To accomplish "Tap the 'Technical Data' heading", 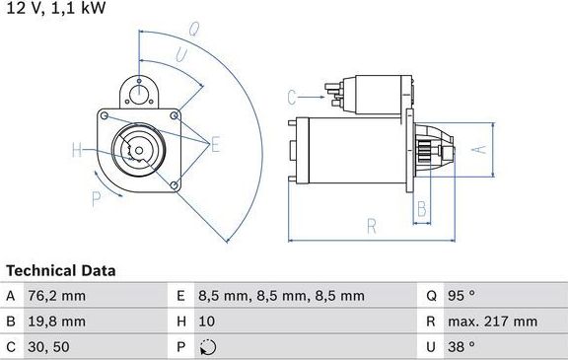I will (x=61, y=270).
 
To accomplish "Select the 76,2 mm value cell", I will (x=58, y=296).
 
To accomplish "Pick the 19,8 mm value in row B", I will (x=58, y=322).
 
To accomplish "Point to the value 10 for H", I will (x=207, y=322).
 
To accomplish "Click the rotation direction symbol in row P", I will (x=206, y=347).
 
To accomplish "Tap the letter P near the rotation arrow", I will (x=97, y=198).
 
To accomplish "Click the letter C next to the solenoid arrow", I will (x=292, y=97).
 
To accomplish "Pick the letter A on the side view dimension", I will (x=478, y=150).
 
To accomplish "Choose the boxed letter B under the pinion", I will (x=421, y=208).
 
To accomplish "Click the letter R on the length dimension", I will (x=371, y=226).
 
